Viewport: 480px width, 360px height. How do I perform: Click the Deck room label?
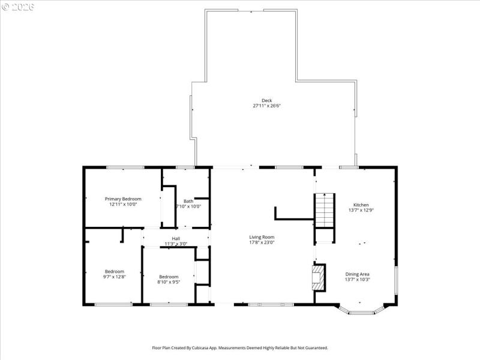[x=266, y=100]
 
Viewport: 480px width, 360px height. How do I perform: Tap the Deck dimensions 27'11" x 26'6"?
[x=266, y=106]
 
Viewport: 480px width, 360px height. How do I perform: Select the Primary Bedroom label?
[x=123, y=199]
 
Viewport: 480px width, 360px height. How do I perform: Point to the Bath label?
[x=188, y=201]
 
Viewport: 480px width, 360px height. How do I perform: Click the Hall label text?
[x=176, y=238]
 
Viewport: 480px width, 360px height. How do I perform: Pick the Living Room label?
[x=262, y=237]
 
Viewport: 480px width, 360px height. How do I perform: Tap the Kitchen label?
[x=361, y=205]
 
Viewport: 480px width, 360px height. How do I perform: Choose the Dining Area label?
[x=357, y=274]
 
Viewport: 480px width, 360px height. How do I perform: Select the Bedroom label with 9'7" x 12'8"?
[x=114, y=271]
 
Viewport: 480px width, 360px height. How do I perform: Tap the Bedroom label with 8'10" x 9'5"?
[x=169, y=276]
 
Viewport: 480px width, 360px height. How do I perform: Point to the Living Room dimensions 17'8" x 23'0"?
[x=262, y=242]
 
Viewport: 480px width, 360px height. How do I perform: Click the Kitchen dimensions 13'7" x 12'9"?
[x=361, y=210]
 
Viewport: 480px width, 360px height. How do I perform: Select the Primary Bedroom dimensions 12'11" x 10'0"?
[x=123, y=204]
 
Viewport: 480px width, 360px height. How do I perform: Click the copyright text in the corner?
[x=19, y=7]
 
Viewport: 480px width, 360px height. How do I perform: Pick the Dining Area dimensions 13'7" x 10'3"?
[x=357, y=280]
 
